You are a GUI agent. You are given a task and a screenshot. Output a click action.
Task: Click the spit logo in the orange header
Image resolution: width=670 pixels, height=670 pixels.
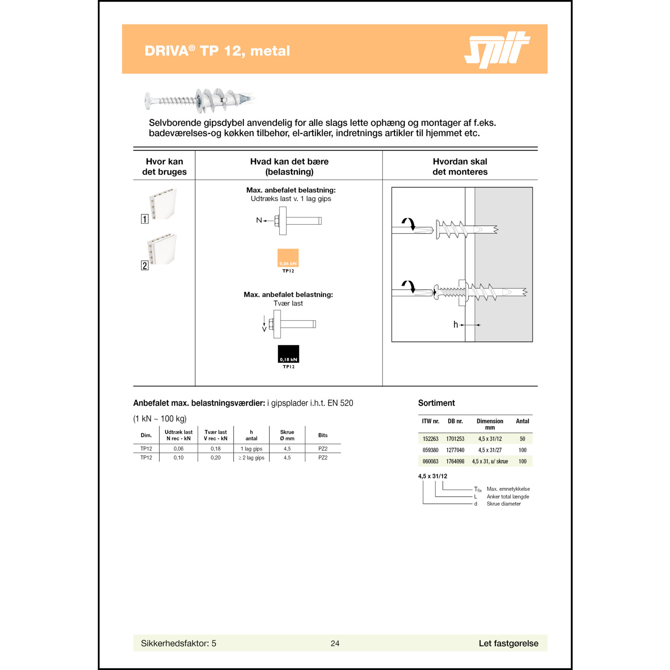click(x=497, y=50)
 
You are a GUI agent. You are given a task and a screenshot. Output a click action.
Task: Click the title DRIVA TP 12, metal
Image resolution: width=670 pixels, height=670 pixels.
click(x=217, y=51)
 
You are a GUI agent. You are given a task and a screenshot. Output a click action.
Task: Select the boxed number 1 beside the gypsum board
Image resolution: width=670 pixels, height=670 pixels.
click(x=145, y=219)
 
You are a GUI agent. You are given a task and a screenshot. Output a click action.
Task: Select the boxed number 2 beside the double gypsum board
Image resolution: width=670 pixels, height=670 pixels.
click(x=145, y=265)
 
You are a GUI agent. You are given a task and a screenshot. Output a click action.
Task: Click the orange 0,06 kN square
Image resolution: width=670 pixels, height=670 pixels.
click(x=288, y=258)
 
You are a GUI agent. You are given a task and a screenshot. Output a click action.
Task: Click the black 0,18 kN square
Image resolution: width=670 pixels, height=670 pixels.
click(x=288, y=354)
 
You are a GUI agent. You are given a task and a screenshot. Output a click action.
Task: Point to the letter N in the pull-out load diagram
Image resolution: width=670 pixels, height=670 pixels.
click(x=259, y=220)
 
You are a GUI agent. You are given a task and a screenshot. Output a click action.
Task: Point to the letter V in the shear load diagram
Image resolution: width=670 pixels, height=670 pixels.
click(x=264, y=329)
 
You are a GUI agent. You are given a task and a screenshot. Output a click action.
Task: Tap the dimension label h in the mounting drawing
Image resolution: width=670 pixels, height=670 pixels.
click(x=456, y=325)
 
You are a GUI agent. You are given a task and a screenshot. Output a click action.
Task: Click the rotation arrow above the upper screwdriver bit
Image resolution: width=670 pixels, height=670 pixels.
click(x=408, y=223)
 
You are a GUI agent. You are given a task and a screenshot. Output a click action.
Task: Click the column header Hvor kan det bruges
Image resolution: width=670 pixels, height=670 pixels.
click(x=164, y=167)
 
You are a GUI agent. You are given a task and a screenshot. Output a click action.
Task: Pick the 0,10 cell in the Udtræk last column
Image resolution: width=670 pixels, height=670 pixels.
click(x=178, y=458)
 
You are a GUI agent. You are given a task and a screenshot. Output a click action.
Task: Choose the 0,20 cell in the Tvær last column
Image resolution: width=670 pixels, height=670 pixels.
click(x=215, y=458)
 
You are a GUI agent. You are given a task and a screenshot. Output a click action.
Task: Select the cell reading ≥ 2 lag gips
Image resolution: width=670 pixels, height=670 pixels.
click(x=251, y=458)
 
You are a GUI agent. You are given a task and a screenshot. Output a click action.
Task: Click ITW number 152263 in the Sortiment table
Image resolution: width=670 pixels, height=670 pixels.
click(x=431, y=439)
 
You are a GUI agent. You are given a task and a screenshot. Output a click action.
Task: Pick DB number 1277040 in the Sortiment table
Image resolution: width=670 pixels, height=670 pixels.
click(x=455, y=450)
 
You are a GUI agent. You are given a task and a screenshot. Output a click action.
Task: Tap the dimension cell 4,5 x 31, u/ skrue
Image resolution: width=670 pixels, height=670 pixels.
click(x=490, y=461)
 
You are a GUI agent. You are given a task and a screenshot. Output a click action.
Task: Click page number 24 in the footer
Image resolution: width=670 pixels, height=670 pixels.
click(x=335, y=643)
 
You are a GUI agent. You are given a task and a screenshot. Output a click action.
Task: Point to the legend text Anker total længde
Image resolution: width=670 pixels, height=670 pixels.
click(x=508, y=497)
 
